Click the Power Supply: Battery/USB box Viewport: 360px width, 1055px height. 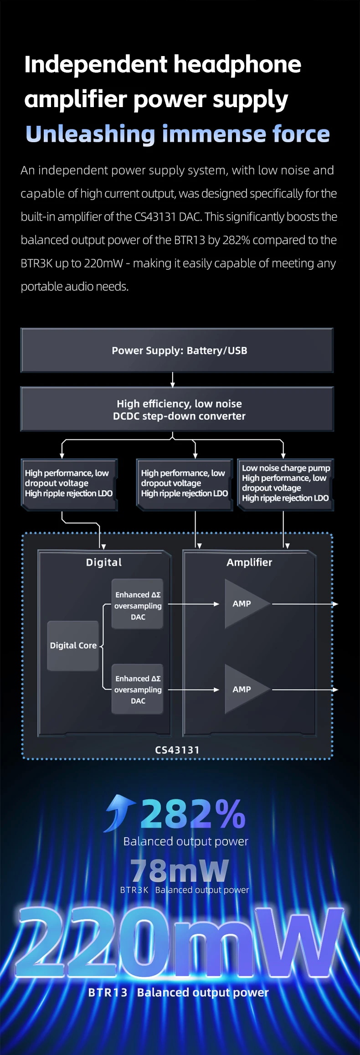177,350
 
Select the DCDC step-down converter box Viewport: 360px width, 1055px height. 177,409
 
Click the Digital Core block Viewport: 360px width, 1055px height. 73,645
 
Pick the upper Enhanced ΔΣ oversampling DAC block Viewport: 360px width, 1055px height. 138,605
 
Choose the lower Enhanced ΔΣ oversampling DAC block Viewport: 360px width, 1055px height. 138,689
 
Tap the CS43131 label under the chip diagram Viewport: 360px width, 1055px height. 177,750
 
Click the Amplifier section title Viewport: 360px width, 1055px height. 249,562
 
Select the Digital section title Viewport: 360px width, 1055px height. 104,562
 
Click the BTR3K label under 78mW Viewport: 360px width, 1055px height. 134,890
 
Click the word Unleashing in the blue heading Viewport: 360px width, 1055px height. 90,134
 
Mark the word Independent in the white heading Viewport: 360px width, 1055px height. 95,64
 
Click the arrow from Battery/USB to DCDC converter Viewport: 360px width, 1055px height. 173,379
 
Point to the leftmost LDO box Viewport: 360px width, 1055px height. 69,484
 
